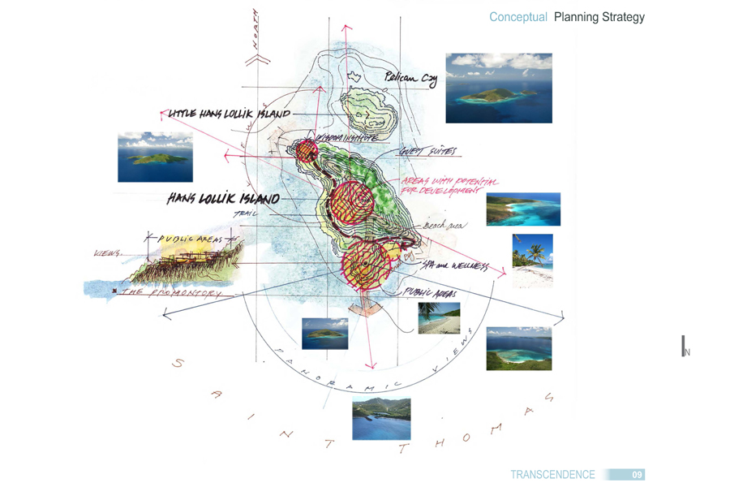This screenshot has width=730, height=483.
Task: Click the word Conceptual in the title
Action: (518, 17)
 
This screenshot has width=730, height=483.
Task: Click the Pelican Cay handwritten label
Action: (411, 79)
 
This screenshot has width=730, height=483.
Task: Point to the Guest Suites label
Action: (427, 152)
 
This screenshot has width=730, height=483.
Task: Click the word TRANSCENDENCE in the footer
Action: (552, 475)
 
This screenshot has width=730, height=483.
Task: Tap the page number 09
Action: (638, 475)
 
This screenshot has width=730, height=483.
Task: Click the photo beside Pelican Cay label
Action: (499, 88)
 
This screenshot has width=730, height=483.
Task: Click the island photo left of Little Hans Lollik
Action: (155, 157)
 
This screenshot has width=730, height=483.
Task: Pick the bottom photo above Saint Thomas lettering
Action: (380, 419)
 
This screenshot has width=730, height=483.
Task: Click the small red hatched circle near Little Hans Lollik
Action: (306, 150)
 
